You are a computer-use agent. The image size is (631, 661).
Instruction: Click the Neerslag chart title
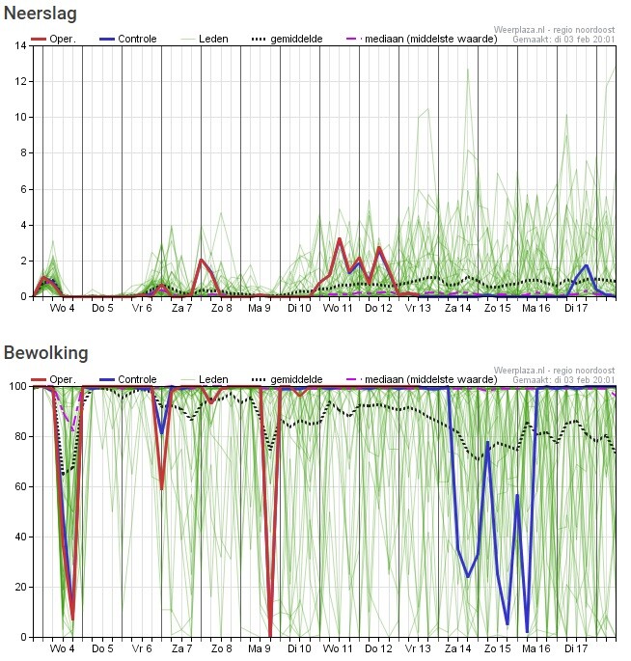tap(41, 14)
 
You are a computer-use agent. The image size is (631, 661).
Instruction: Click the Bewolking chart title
tap(45, 353)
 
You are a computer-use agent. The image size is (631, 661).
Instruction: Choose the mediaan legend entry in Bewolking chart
tap(414, 379)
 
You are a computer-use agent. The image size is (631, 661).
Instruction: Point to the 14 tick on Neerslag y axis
tap(21, 45)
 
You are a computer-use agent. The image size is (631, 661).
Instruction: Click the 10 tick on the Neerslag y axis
tap(21, 118)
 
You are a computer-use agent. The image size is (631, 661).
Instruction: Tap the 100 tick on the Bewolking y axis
tap(18, 386)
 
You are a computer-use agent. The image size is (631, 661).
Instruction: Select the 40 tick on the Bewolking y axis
tap(21, 537)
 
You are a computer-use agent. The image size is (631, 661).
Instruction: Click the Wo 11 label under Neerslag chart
tap(338, 309)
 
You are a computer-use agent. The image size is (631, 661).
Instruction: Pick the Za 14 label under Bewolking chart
tap(457, 649)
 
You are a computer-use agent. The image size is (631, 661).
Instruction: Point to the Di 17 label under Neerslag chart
tap(577, 309)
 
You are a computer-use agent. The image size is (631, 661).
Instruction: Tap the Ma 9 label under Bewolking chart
tap(259, 649)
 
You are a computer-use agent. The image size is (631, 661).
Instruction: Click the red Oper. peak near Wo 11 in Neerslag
tap(339, 238)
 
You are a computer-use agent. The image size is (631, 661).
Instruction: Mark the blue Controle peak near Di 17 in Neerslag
tap(587, 265)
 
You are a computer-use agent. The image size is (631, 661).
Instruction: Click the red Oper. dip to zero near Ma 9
tap(270, 634)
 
